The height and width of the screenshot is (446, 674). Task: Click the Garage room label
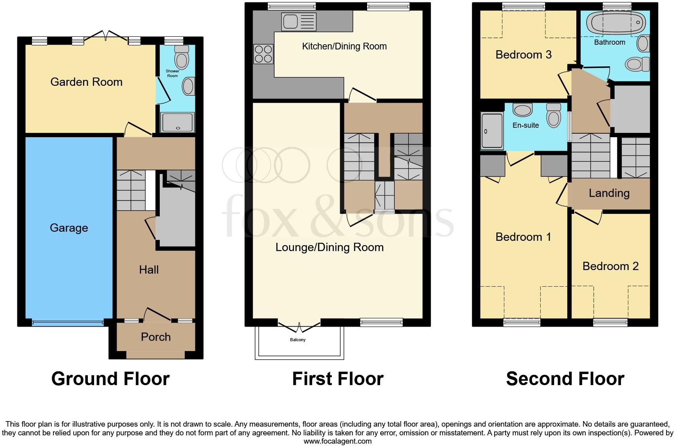[69, 228]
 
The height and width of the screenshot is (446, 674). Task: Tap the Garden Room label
[86, 82]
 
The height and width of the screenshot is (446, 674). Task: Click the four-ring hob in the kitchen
[263, 54]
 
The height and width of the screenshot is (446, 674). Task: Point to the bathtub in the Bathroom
[616, 23]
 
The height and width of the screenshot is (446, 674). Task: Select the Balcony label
[297, 340]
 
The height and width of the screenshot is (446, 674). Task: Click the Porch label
[156, 337]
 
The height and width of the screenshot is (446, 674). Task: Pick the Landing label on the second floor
[609, 193]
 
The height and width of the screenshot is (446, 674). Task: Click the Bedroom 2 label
[610, 266]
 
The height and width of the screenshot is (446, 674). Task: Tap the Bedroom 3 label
[523, 55]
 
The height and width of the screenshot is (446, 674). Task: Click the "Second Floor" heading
[565, 379]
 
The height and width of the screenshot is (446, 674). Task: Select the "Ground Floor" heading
[110, 379]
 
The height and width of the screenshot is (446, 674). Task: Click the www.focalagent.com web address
[337, 441]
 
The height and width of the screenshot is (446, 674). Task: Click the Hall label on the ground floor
[149, 270]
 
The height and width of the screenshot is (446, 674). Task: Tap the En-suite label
[525, 125]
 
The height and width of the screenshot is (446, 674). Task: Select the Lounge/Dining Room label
[329, 248]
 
